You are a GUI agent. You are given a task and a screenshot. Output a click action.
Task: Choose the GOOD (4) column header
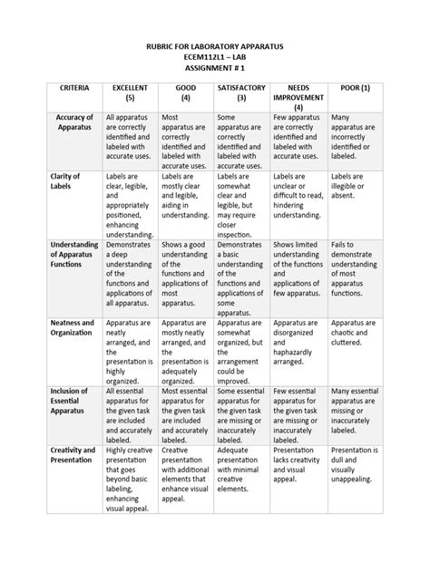185,92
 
